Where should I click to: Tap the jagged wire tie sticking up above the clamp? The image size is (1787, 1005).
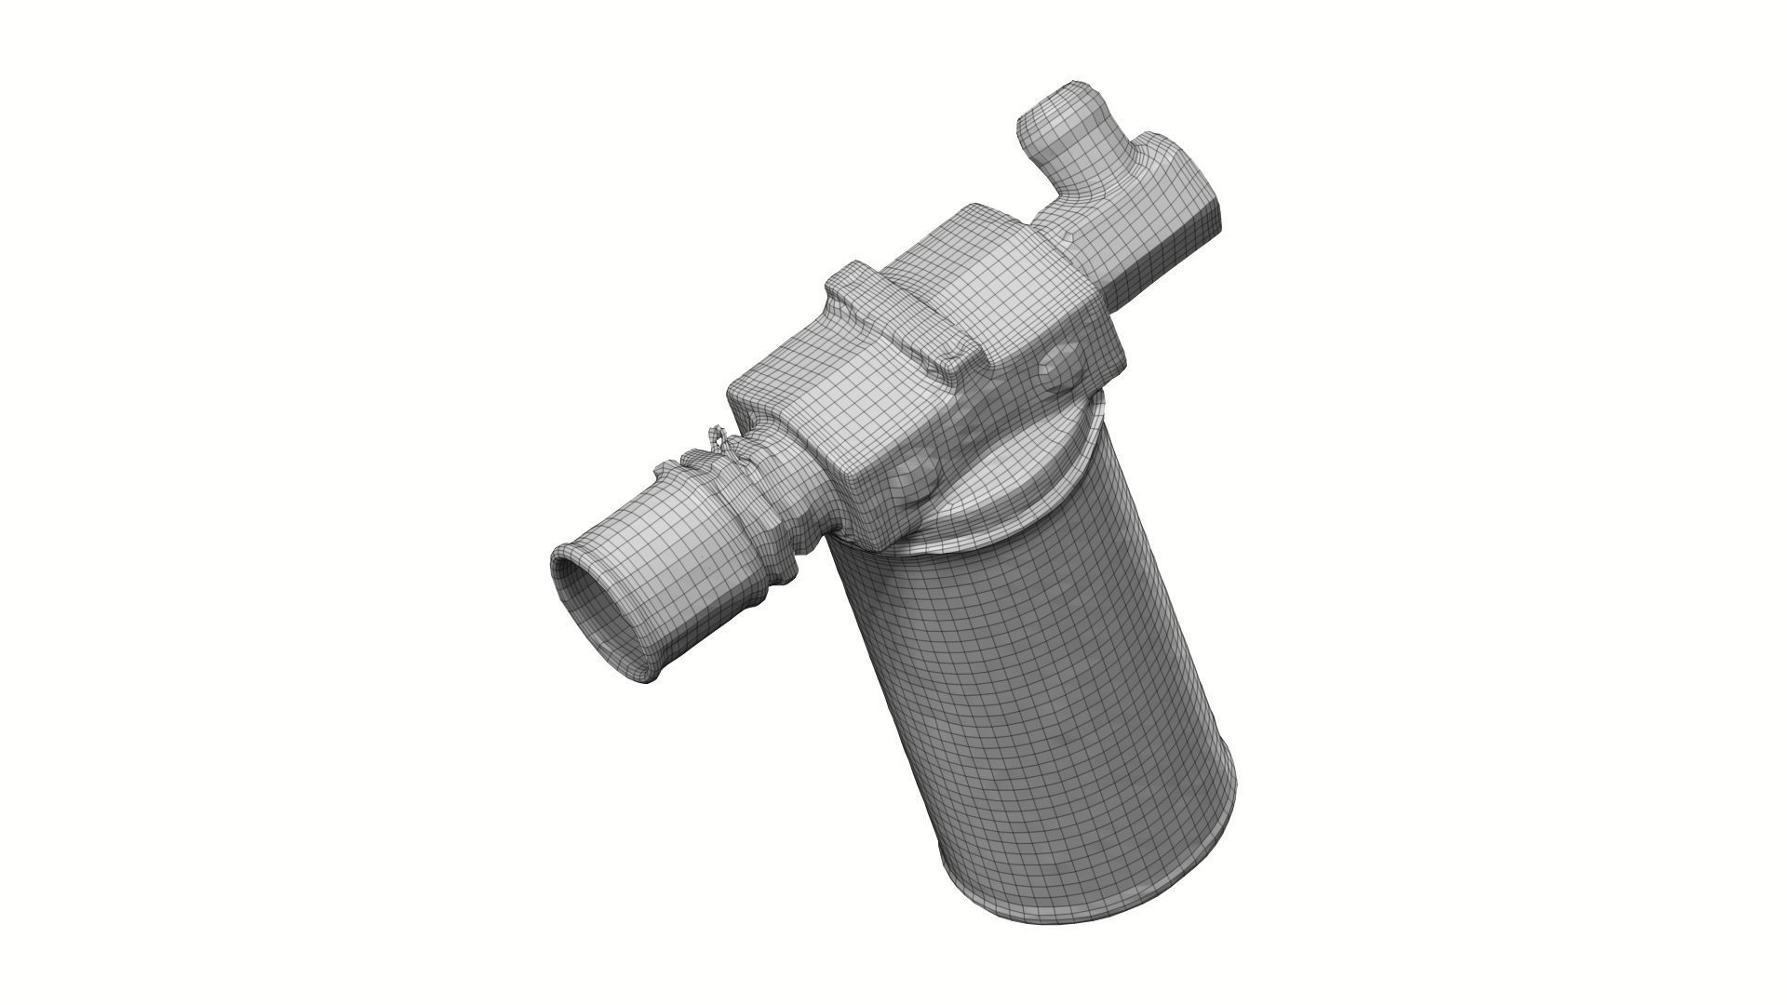(x=718, y=437)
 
